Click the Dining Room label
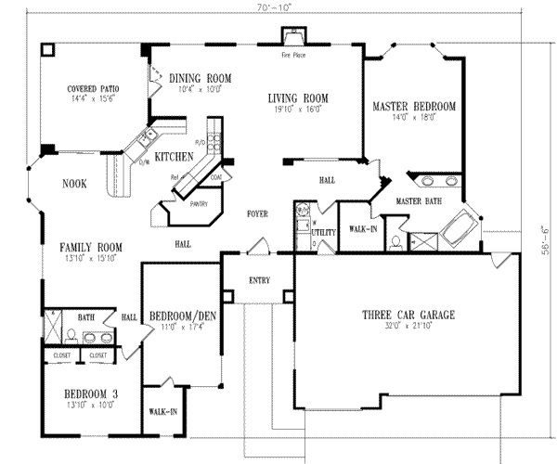[200, 78]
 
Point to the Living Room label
[299, 97]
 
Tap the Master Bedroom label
[414, 107]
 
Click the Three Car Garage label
[408, 316]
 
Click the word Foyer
[257, 213]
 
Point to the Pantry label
[198, 204]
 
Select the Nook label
[74, 184]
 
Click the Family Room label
[91, 246]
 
